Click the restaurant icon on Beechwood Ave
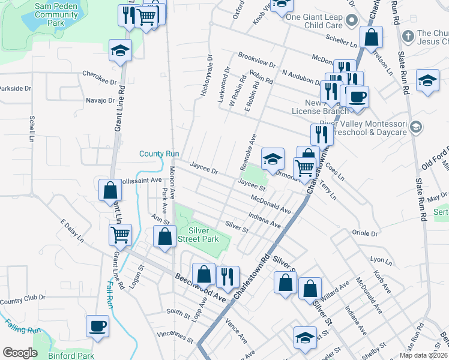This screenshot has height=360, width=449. click(227, 276)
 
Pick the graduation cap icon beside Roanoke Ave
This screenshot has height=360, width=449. click(273, 159)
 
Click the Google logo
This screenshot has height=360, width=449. click(20, 353)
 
